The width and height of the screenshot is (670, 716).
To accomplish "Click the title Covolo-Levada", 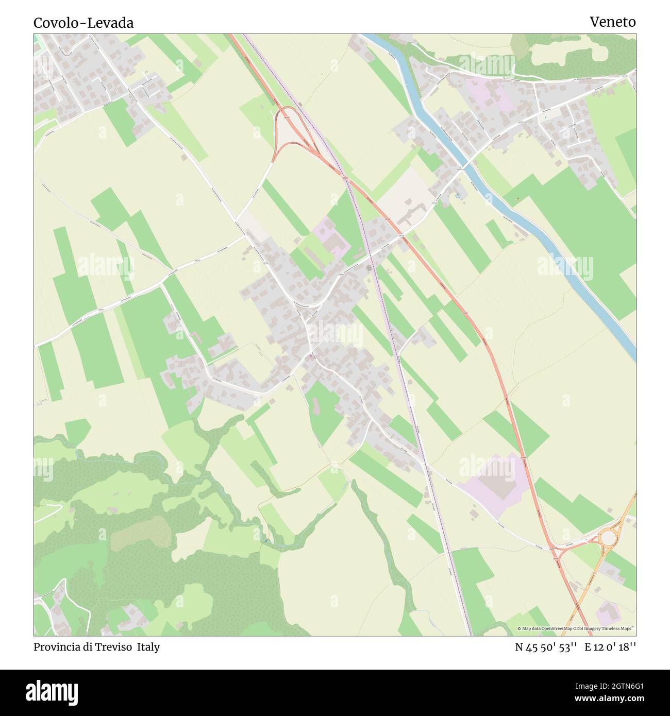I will click(x=83, y=23).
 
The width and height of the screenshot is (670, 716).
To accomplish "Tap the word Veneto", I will click(x=612, y=22).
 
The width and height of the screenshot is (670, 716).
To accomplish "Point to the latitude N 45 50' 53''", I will click(x=545, y=647).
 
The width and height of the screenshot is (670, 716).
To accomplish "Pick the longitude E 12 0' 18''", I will click(x=610, y=647).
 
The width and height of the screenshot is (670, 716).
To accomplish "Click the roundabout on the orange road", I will click(x=609, y=538).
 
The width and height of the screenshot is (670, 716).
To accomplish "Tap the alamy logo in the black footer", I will click(x=52, y=692).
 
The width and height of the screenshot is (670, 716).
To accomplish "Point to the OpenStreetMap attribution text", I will click(x=576, y=628).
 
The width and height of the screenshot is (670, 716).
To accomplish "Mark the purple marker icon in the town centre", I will click(x=310, y=356).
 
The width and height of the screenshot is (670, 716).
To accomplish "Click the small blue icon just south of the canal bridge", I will click(x=458, y=195).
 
